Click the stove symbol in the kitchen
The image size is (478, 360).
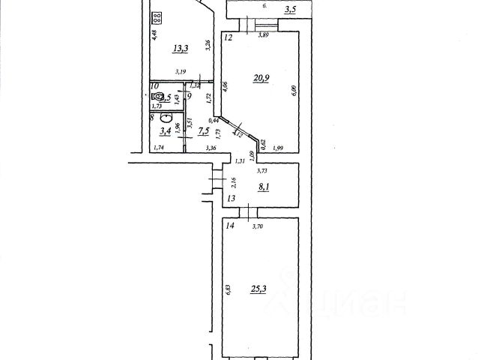pyautogui.click(x=159, y=19)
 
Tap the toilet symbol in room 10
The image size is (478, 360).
pyautogui.click(x=158, y=97)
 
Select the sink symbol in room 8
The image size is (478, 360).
pyautogui.click(x=169, y=126)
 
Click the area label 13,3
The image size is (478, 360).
pyautogui.click(x=181, y=49)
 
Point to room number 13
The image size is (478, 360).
pyautogui.click(x=231, y=198)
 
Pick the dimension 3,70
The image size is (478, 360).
pyautogui.click(x=258, y=226)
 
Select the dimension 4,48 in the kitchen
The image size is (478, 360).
pyautogui.click(x=154, y=34)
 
